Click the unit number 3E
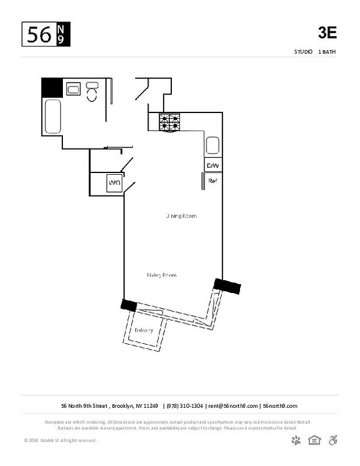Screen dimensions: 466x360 327,33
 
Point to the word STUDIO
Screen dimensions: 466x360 303,52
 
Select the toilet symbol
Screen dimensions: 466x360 92,92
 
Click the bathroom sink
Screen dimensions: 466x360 73,89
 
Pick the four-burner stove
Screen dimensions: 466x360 170,122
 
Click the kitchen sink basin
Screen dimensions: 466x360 212,145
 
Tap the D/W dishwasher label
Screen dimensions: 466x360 213,166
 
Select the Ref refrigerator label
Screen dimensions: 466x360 213,181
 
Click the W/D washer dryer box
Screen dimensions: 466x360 115,183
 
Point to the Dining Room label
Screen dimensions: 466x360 181,216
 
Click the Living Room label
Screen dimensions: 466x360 161,275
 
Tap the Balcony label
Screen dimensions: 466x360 144,330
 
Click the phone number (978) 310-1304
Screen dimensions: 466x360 185,406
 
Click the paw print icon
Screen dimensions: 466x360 297,440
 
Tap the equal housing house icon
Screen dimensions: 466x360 315,440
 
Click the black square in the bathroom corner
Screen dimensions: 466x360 51,88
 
